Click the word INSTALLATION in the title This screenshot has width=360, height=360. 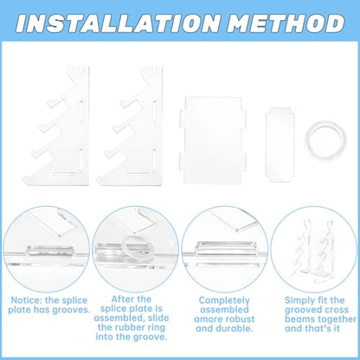(118, 22)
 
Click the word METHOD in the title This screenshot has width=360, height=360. (286, 22)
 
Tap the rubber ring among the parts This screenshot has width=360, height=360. (325, 140)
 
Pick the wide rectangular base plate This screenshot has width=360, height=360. (213, 140)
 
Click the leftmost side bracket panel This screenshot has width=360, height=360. (57, 125)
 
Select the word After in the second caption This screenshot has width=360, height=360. (122, 299)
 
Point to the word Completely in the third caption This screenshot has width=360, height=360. (224, 301)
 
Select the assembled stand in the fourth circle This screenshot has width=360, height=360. (315, 250)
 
